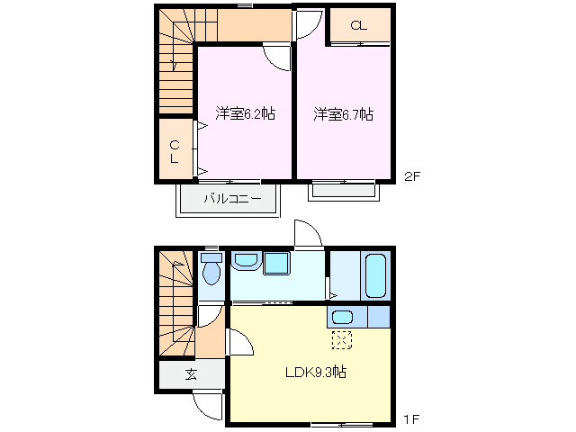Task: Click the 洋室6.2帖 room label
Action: tap(245, 114)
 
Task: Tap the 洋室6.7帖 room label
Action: tap(344, 114)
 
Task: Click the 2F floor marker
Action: tap(411, 176)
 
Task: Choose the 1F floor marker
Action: tap(411, 418)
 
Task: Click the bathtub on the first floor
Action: tap(375, 275)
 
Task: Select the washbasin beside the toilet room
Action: tap(245, 262)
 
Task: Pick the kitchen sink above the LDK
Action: tap(341, 317)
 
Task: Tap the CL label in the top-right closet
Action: tap(358, 25)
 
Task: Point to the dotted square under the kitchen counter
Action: tap(342, 339)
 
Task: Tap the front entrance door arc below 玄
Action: tap(208, 406)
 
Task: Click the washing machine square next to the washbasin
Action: tap(276, 263)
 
